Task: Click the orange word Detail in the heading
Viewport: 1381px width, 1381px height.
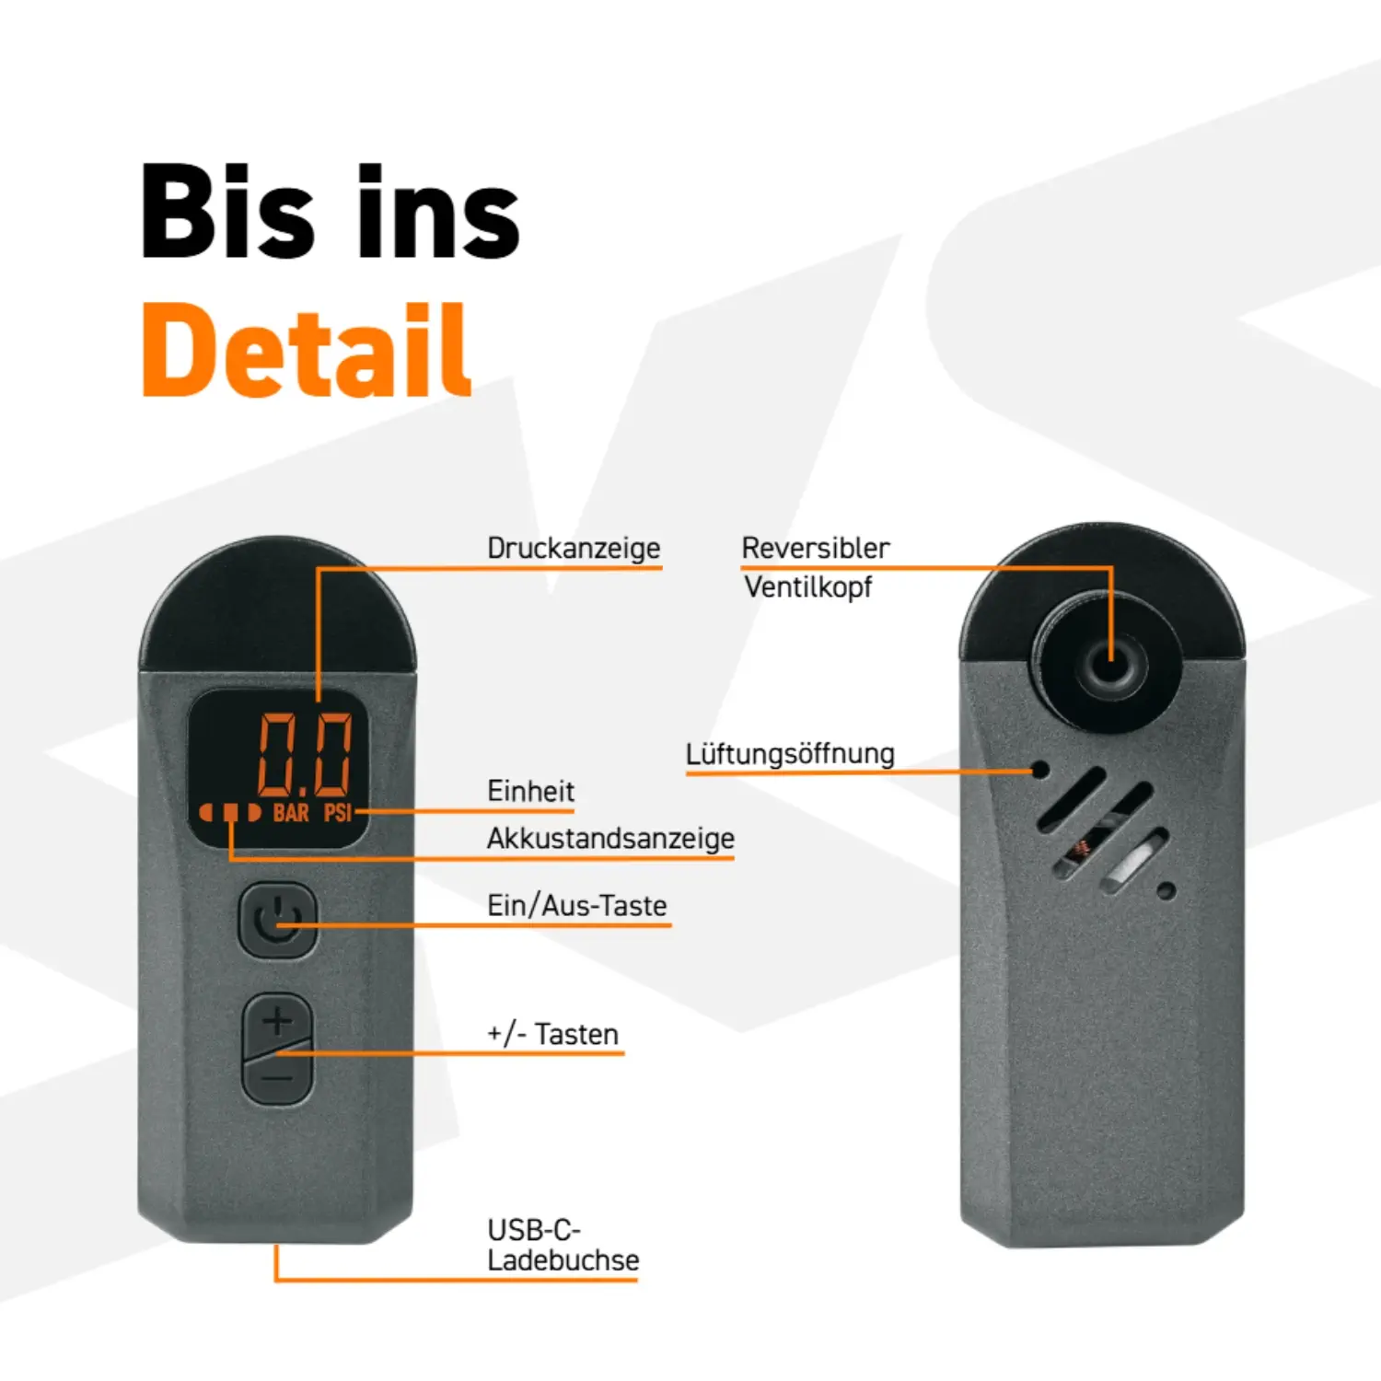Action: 307,350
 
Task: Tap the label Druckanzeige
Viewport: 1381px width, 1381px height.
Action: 574,548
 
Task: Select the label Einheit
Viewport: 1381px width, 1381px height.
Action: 530,791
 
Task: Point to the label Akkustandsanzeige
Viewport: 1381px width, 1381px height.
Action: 610,839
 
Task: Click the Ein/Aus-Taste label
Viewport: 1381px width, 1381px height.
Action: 577,905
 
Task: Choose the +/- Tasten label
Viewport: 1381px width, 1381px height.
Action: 552,1034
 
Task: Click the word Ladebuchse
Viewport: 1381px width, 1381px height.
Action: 563,1259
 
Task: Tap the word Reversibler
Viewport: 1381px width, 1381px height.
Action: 816,548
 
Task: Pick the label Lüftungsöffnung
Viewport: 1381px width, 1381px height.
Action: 790,754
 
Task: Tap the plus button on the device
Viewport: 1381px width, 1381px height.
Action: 277,1021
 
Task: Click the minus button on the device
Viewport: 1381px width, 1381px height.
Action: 277,1077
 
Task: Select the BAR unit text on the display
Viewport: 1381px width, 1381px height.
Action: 291,813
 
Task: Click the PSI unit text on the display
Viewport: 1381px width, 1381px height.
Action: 338,813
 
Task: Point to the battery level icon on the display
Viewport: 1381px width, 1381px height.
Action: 230,813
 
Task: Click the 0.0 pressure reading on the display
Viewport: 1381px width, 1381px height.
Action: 305,754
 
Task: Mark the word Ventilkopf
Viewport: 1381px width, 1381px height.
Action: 808,587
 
